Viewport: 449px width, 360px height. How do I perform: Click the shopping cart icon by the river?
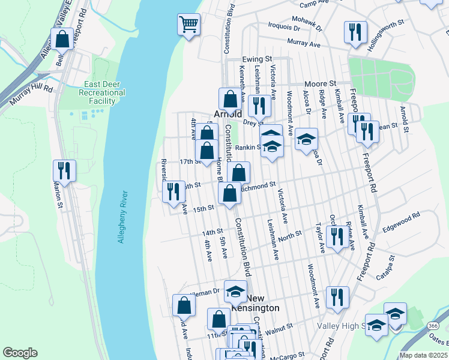click(188, 25)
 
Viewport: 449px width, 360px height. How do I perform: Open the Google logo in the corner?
click(20, 353)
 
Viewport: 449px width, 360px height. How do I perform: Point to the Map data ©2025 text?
click(423, 355)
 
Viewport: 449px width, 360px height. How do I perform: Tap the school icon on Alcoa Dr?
click(306, 140)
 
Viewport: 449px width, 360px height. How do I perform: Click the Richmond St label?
click(258, 187)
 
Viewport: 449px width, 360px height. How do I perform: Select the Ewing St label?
click(257, 59)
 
